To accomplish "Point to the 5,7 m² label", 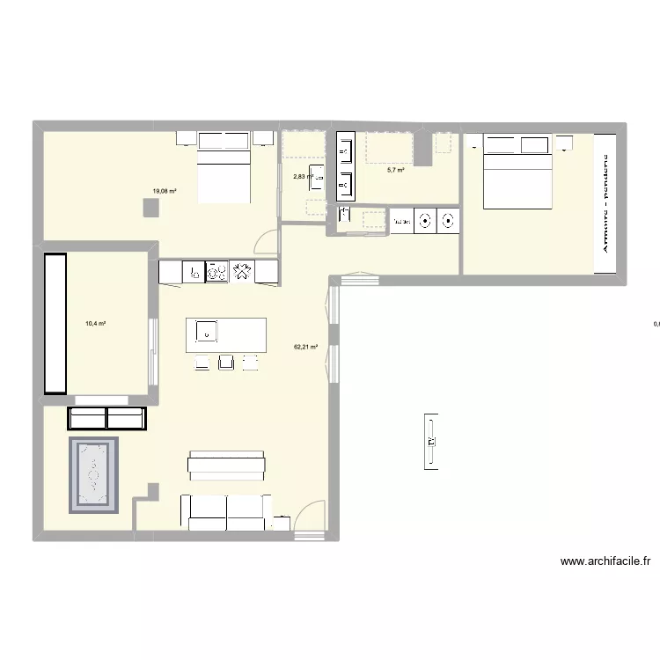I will pos(395,170).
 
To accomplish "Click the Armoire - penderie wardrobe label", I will pos(606,202).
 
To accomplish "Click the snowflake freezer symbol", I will pos(241,272).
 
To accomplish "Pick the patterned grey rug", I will pos(92,474).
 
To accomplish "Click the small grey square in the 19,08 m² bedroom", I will pos(151,208).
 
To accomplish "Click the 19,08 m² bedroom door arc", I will pos(264,241).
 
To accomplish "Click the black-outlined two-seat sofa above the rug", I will pos(106,418).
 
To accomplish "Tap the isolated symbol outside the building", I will pos(431,441).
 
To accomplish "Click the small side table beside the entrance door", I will pos(281,523).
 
